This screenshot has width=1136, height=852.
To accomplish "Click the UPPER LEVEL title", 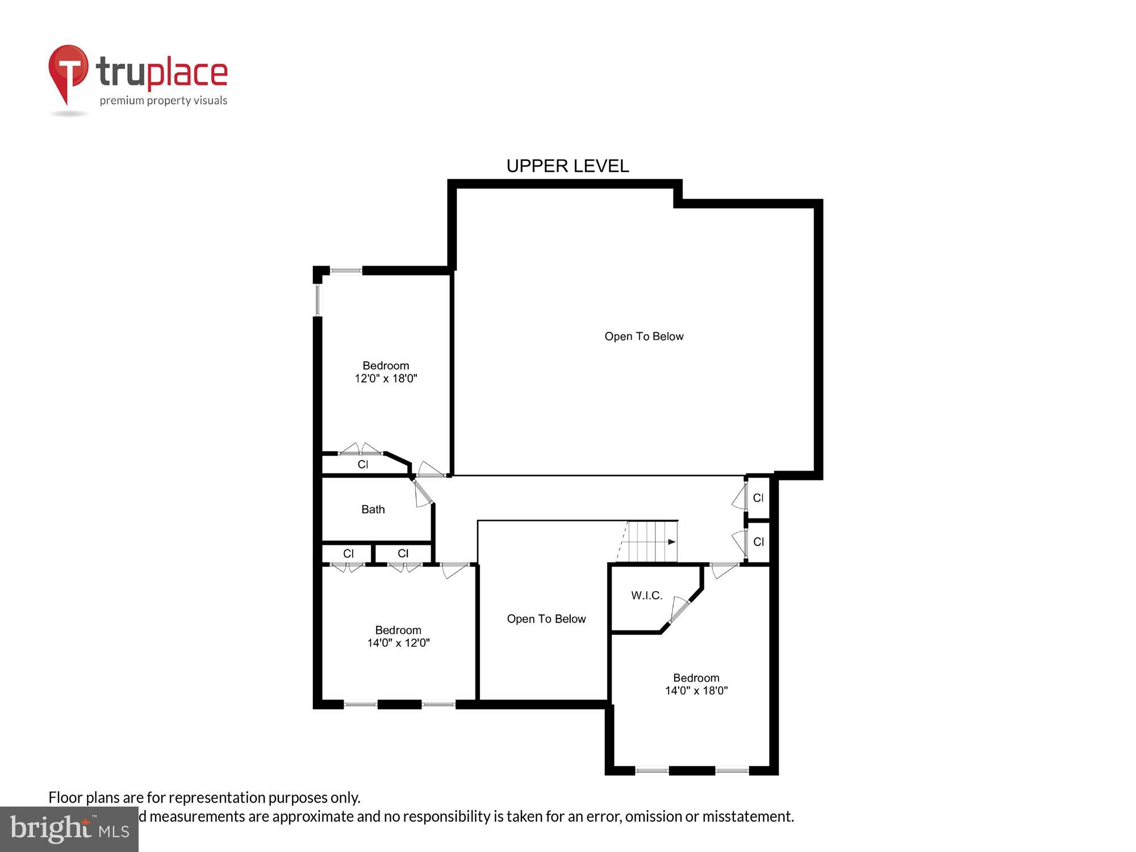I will pos(567,166).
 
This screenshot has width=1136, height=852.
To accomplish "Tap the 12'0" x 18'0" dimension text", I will pos(386,379).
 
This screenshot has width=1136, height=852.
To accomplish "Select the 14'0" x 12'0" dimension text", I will pos(398,643).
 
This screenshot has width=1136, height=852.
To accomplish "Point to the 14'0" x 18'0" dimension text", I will pos(696,691).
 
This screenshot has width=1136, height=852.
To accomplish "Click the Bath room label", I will pos(373,509).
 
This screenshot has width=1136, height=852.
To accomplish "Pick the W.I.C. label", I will pos(646,595).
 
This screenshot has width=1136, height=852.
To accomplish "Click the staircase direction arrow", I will pos(671,542).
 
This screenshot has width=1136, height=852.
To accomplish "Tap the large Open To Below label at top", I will pos(644,336).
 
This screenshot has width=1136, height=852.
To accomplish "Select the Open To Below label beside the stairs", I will pos(546,619).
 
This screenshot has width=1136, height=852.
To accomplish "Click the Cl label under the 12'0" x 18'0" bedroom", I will pos(362,465).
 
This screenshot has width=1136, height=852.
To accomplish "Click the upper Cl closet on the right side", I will pos(758,498).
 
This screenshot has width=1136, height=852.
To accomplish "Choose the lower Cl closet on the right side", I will pos(758,542).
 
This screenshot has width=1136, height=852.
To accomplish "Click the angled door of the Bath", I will pos(423,493).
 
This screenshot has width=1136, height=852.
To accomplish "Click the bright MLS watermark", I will pos(69,830).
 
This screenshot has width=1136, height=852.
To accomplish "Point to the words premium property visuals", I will pos(164,101).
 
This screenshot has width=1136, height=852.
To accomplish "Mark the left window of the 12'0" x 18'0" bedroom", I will pos(318,300).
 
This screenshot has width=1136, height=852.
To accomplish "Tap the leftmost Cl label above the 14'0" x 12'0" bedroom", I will pos(348,553).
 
